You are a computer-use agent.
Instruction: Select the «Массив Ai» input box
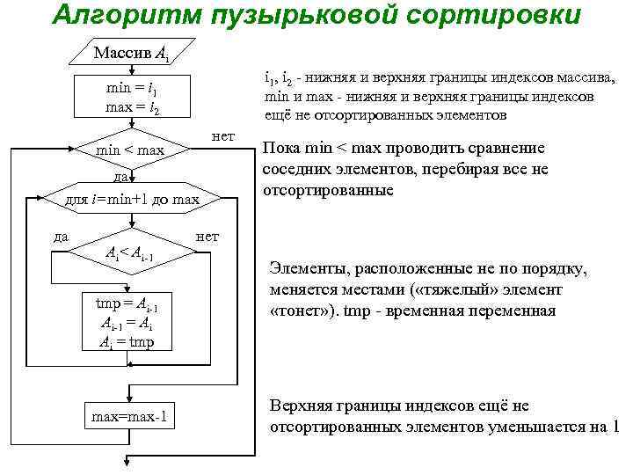[132, 55]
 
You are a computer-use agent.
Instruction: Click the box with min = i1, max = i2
[131, 99]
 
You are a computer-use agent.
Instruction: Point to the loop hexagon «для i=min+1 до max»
[132, 200]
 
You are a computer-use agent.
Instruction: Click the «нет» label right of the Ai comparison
[207, 236]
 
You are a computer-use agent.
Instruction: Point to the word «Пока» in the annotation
[281, 149]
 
